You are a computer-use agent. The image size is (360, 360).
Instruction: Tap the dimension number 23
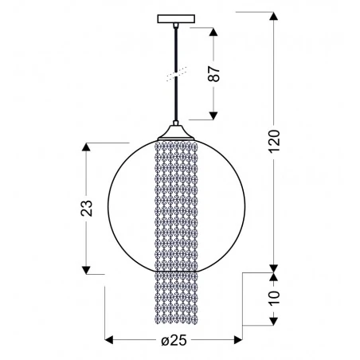pyautogui.click(x=88, y=208)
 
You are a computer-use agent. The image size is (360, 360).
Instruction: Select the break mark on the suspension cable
pyautogui.click(x=174, y=74)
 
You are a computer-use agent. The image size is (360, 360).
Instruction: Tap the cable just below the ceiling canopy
pyautogui.click(x=174, y=36)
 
